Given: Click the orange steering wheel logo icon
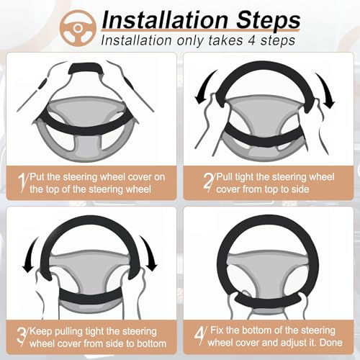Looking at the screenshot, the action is [78, 28].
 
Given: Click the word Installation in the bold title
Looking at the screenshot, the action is [165, 20].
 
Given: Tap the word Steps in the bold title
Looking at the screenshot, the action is [269, 21].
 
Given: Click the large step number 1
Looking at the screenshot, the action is [22, 182].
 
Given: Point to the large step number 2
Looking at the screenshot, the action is [208, 182].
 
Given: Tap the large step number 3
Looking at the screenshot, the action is [22, 336].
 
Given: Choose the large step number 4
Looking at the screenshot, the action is [199, 336].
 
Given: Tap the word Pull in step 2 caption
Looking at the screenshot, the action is [225, 177].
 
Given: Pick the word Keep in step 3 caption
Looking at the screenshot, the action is [40, 332].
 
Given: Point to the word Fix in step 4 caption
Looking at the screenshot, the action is [217, 330].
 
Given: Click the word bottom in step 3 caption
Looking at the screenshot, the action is [151, 343].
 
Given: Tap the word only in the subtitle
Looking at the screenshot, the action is [191, 41].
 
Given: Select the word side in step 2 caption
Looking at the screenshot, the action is [300, 189].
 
